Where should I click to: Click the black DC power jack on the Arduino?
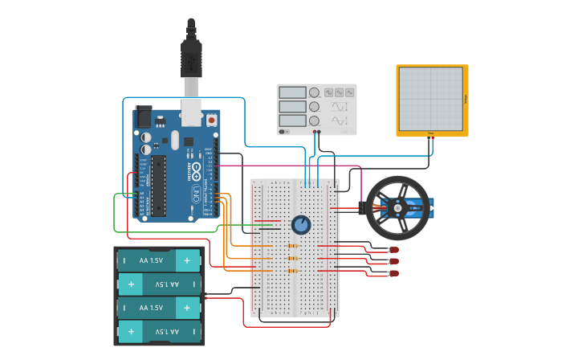tap(144, 117)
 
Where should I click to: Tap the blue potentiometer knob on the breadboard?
tap(300, 225)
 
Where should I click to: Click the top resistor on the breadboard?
tap(292, 245)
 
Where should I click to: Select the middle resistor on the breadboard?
tap(292, 258)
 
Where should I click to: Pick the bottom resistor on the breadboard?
tap(292, 271)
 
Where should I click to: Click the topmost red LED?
tap(393, 251)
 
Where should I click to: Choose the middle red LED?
tap(393, 262)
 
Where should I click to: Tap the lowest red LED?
tap(393, 274)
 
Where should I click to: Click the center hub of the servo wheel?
tap(397, 208)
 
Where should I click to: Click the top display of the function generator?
tap(292, 92)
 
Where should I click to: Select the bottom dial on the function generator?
tap(315, 121)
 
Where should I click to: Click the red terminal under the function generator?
tap(319, 132)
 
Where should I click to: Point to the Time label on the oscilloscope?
tap(431, 133)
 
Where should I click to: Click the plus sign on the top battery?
tap(187, 260)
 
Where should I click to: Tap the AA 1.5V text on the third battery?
tap(151, 308)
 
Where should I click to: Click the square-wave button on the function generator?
tap(328, 92)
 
